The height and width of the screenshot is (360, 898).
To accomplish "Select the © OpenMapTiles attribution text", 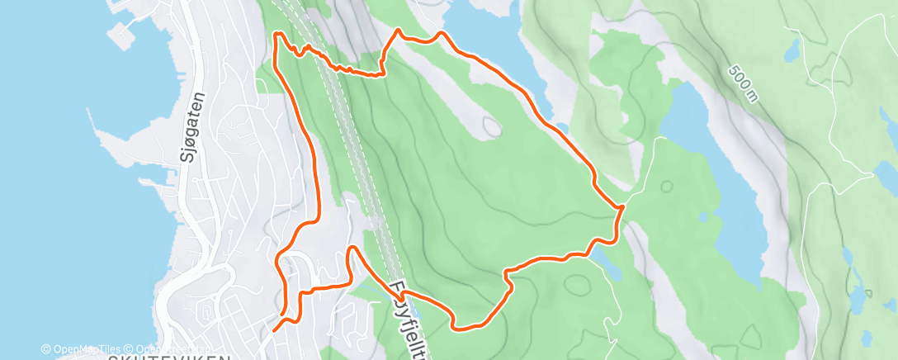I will [81, 349].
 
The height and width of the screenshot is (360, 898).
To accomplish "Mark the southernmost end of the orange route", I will [273, 330].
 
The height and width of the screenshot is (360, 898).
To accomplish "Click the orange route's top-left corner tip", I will [277, 34].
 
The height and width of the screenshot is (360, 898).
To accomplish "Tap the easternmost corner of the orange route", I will [620, 207].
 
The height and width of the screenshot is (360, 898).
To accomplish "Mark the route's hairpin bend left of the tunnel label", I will [352, 249].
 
